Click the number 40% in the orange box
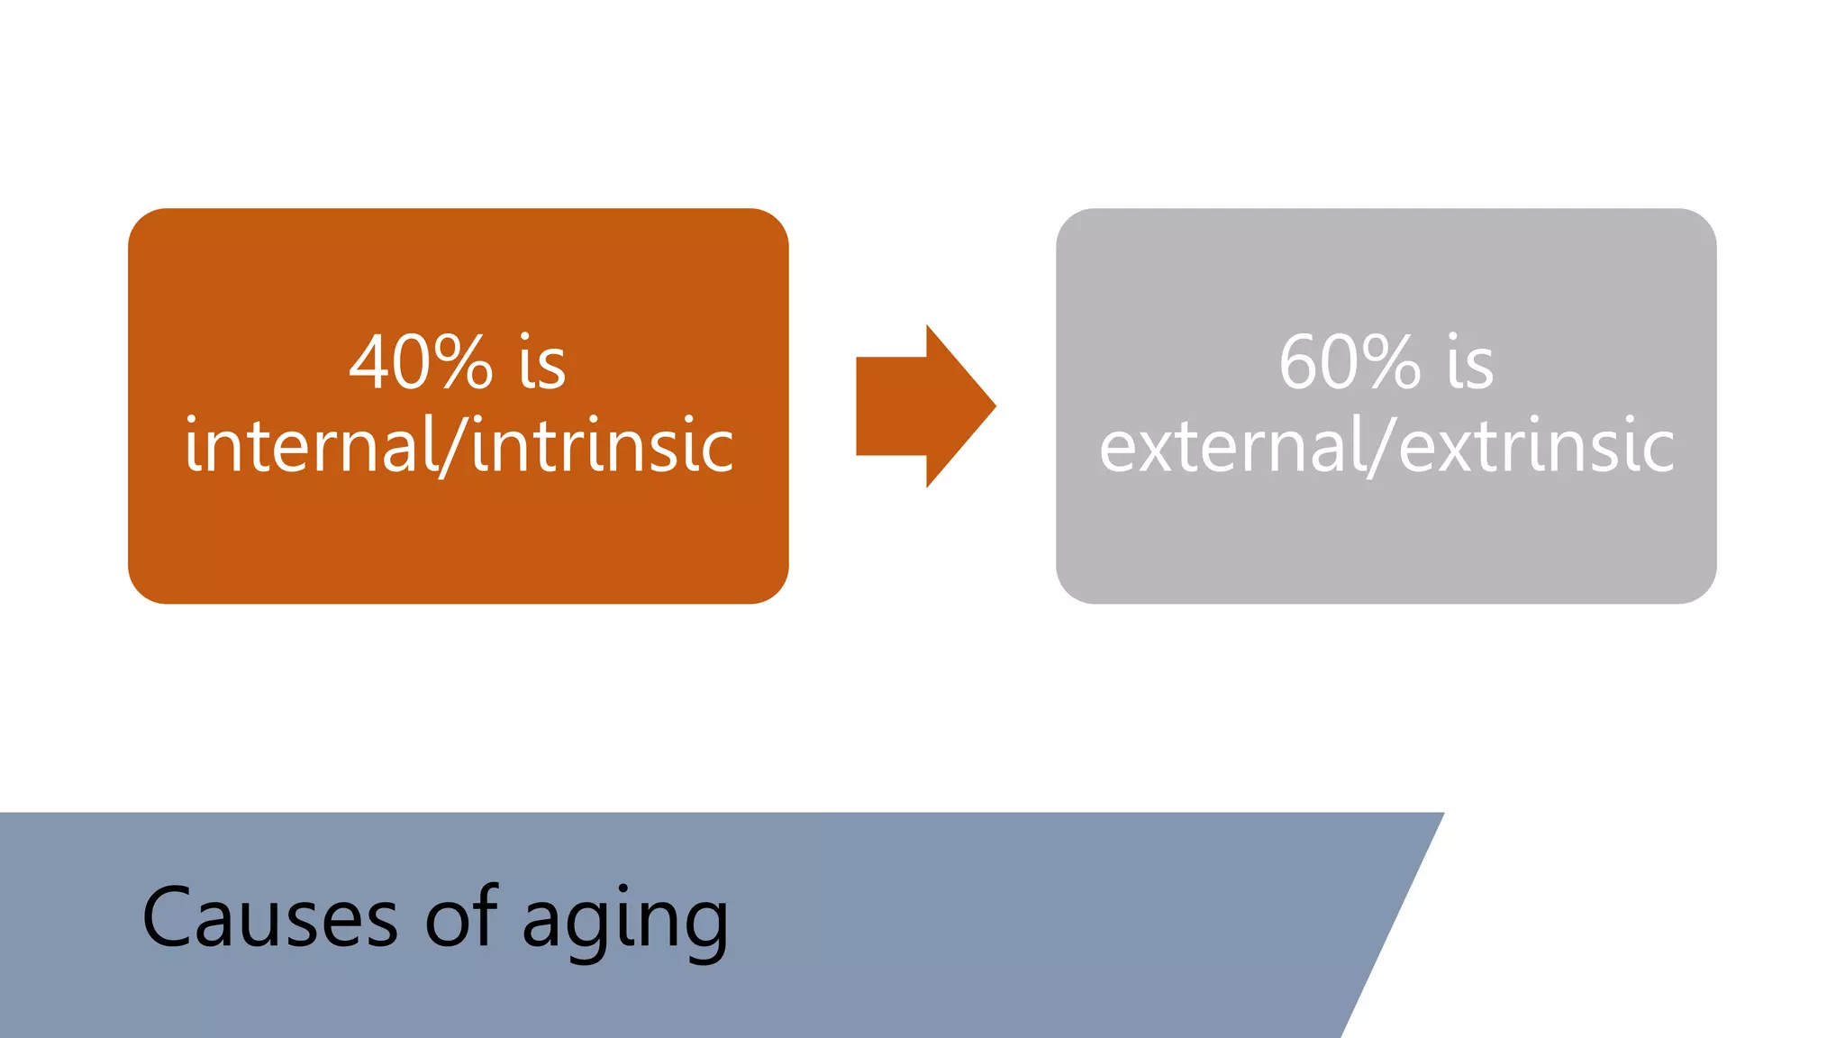point(421,362)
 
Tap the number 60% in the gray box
point(1349,362)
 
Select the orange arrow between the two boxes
point(919,406)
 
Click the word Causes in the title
point(269,918)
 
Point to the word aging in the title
point(624,922)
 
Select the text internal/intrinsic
point(459,446)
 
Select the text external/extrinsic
point(1386,446)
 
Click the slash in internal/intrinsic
point(454,446)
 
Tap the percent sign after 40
point(461,362)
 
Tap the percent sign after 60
point(1389,362)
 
